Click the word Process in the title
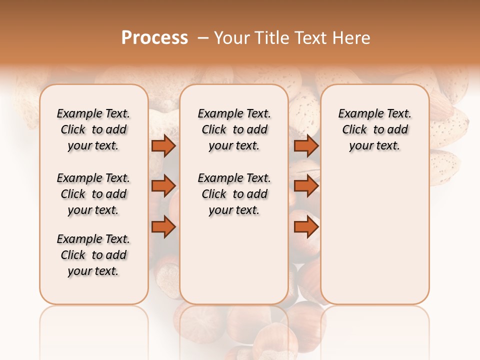(154, 38)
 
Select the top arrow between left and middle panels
(163, 145)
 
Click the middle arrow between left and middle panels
(163, 186)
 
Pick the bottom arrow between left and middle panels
(163, 227)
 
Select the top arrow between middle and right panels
(306, 145)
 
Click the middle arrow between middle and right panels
(306, 186)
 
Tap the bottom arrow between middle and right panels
(306, 227)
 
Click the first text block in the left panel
(93, 129)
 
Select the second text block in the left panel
(93, 194)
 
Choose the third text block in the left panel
(93, 255)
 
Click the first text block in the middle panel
(234, 129)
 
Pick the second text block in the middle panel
(234, 194)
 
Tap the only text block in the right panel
(374, 129)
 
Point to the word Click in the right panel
(354, 130)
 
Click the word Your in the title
(231, 38)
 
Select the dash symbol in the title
(202, 38)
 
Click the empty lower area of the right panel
(374, 240)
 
